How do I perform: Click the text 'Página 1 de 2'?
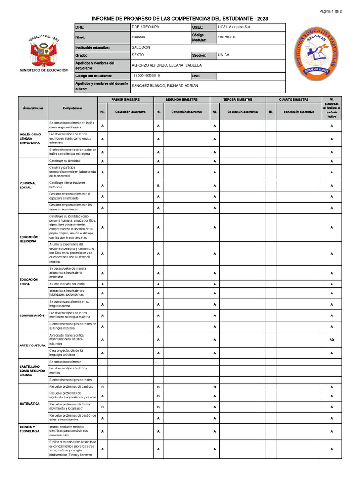[330, 11]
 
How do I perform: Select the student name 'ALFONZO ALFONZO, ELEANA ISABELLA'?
[166, 66]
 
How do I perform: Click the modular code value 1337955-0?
[228, 37]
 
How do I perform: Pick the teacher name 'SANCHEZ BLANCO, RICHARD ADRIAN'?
[165, 86]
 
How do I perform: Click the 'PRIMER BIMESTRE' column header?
[126, 100]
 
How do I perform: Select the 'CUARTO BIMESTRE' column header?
[294, 100]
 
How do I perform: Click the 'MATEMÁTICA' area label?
[30, 404]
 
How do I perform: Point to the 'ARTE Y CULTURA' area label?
[33, 345]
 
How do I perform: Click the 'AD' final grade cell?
[331, 340]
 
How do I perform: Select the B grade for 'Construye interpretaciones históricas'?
[158, 185]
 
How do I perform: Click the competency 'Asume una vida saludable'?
[67, 284]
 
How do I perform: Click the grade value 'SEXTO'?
[138, 55]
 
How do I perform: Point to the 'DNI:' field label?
[196, 75]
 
